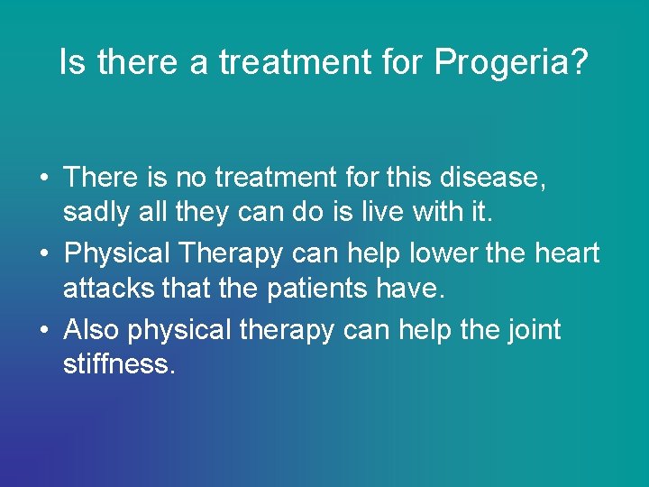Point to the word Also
point(92,330)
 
